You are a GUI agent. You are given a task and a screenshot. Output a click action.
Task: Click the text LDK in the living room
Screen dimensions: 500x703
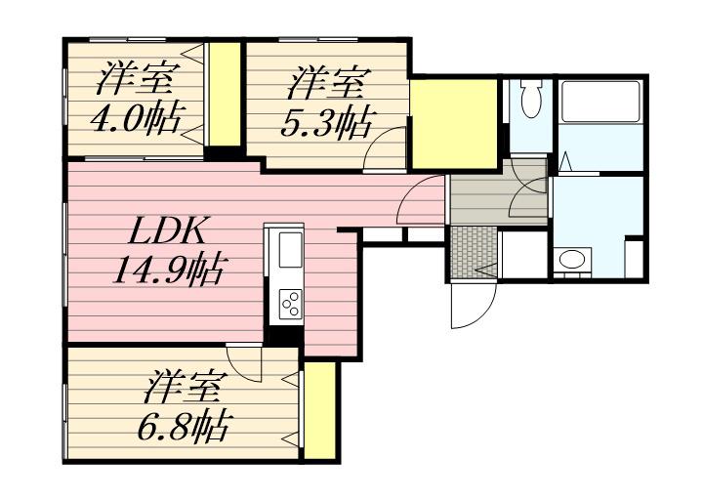167,233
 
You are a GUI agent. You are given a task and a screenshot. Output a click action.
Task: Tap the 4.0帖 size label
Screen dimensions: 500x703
135,120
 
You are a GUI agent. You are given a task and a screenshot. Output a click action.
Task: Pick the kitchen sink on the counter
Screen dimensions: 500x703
290,250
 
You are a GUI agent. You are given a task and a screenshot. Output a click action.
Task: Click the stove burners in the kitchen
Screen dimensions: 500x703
290,303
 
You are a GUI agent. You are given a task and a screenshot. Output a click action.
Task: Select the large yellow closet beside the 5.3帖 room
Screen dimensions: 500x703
453,124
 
